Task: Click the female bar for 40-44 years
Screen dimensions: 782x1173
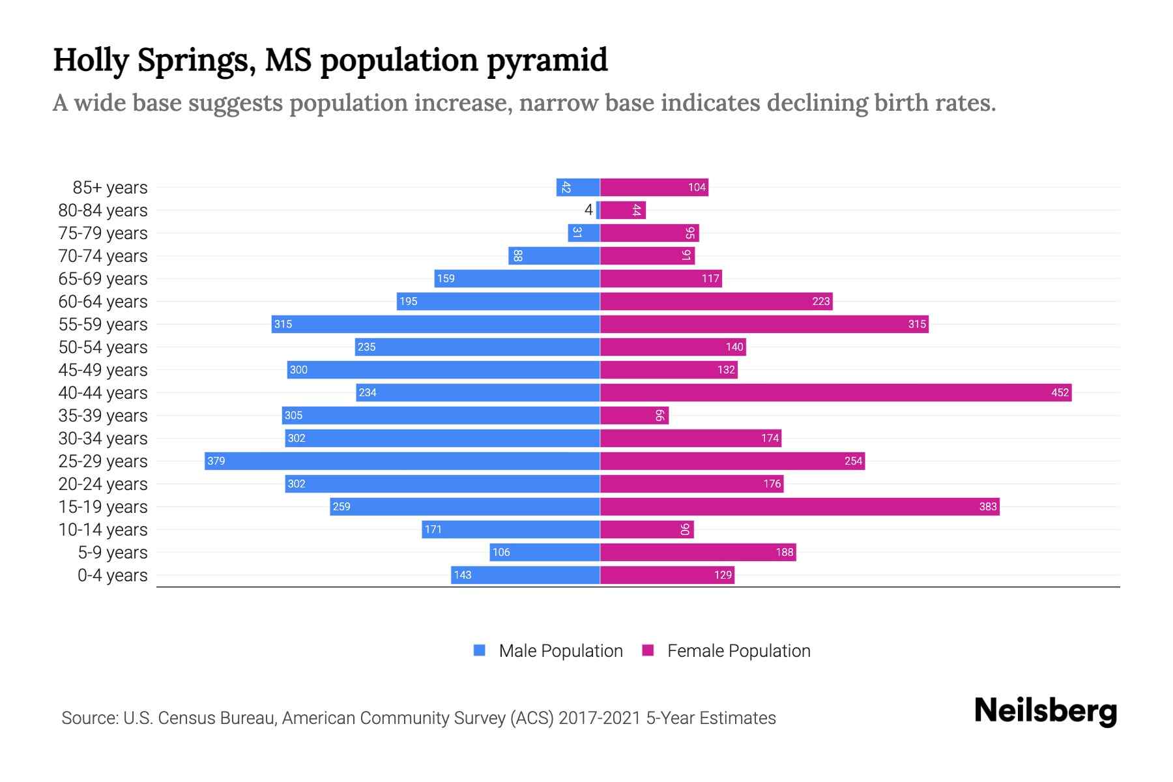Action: point(835,392)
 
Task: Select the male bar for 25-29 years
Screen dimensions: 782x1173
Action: point(402,461)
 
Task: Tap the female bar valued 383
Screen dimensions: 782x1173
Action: point(800,506)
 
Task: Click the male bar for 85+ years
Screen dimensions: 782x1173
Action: point(578,187)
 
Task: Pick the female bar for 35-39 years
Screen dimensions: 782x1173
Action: point(634,415)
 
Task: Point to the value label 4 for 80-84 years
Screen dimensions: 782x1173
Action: point(588,210)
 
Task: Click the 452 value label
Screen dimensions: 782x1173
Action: point(1060,392)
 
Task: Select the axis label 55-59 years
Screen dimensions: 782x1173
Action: point(103,324)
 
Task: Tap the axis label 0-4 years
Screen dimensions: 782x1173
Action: point(112,575)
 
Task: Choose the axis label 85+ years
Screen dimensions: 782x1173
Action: point(109,187)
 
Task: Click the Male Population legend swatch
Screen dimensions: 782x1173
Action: point(480,650)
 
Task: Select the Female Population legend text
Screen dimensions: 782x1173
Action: point(738,650)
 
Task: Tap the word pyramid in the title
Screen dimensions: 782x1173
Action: point(547,60)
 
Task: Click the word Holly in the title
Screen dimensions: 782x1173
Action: point(91,60)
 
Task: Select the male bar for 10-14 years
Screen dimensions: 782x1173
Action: point(511,529)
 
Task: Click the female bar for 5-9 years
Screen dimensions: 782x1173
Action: point(698,552)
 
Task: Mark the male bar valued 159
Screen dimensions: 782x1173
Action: point(517,278)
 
